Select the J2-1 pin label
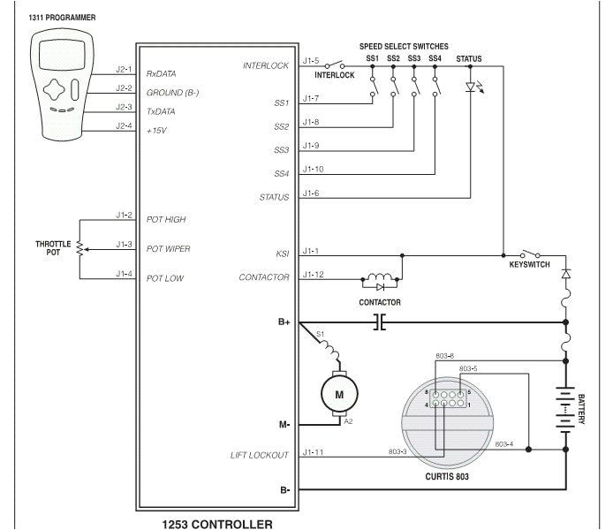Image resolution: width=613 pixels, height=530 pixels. pos(124,67)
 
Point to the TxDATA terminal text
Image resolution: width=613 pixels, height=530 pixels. pos(160,111)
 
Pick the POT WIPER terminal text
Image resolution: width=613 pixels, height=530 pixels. pos(168,249)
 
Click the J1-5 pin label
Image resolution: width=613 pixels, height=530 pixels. pos(310,61)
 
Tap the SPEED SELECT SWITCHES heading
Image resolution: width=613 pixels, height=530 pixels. pos(404,45)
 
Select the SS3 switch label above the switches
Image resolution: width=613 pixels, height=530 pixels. pos(414,58)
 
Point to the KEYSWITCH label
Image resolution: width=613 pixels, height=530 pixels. pos(531,265)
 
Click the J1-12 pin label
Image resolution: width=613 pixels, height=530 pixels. pos(313,274)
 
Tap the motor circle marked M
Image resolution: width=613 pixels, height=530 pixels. pos(338,394)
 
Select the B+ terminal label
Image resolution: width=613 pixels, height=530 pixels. pos(284,322)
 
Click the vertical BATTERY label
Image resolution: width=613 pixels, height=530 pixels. pos(582,408)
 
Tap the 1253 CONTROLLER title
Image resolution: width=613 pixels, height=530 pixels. pos(217,522)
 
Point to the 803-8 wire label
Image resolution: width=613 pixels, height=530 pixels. pos(445,355)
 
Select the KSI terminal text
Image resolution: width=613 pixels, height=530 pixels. pos(283,254)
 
